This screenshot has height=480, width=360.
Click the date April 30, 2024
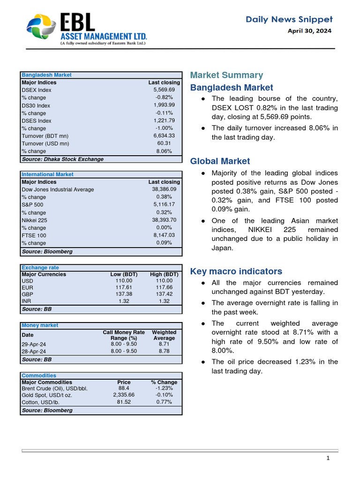[x=309, y=31]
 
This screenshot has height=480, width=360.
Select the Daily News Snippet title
[x=289, y=19]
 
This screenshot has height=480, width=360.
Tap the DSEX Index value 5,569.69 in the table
[x=164, y=90]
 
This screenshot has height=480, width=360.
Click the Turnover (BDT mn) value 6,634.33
[x=164, y=136]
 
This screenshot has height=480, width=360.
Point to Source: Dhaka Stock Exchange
[x=63, y=159]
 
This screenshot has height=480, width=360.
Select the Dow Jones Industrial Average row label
[x=58, y=190]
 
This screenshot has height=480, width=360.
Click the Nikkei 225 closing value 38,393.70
[x=164, y=220]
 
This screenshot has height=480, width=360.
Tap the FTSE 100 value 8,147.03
[x=164, y=236]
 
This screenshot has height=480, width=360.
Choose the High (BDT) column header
[x=164, y=275]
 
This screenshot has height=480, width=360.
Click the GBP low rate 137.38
[x=124, y=294]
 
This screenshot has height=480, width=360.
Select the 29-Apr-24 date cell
[x=34, y=344]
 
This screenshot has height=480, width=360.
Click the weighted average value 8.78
[x=164, y=351]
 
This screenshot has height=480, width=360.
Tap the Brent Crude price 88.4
[x=124, y=389]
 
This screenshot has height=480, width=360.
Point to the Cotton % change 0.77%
[x=164, y=402]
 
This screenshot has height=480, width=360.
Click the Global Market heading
[x=220, y=161]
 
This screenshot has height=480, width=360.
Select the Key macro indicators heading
[x=236, y=271]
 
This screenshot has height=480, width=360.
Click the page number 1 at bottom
[x=329, y=458]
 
